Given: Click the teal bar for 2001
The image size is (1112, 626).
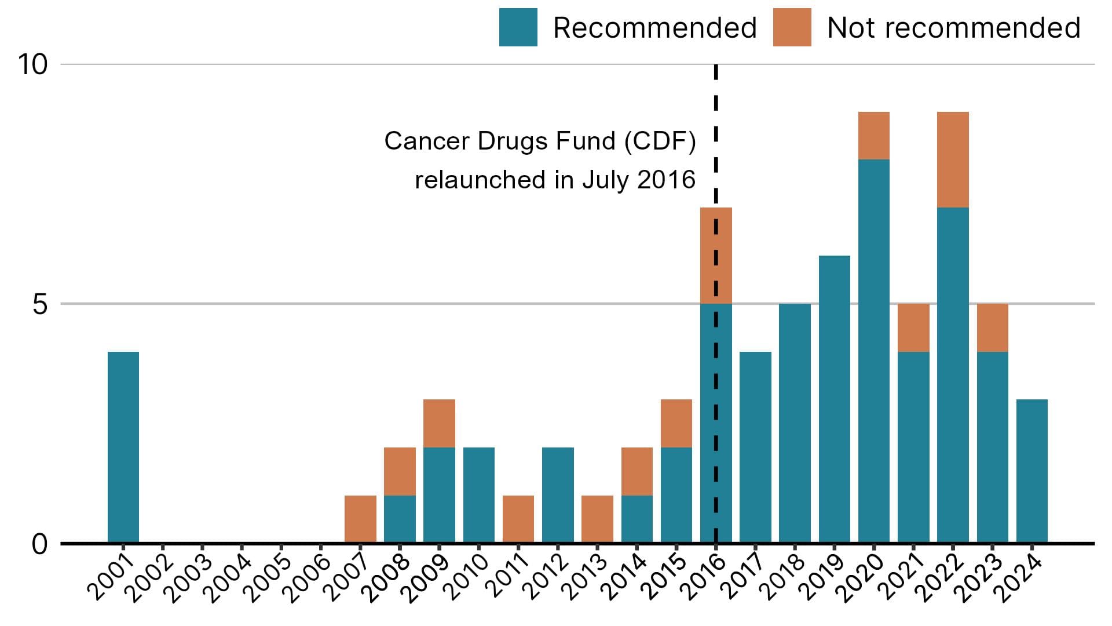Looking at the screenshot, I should point(123,447).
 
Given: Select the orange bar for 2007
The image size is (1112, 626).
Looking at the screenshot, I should point(360,519).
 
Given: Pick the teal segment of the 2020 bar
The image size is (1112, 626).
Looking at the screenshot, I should point(873,351).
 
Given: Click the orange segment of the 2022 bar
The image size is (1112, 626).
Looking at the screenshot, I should point(953,159).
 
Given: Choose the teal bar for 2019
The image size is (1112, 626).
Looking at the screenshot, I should point(834,399).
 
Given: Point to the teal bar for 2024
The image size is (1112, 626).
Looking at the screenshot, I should point(1031,471).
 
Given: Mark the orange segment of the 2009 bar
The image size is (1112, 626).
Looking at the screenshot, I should point(439,423).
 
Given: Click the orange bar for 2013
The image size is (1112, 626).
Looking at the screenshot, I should point(597,519).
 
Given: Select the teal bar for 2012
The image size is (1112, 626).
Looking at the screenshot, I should point(558,495).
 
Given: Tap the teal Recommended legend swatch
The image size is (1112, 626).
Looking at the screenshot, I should point(518,27).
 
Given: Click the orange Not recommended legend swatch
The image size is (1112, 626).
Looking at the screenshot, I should point(792,27).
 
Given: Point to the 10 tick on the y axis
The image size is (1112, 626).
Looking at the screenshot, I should point(32,64).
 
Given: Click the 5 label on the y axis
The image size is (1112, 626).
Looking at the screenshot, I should point(39,304).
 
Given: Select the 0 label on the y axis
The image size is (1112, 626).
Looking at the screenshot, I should point(39,544).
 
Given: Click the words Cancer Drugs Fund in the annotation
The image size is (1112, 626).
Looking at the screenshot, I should point(499,141).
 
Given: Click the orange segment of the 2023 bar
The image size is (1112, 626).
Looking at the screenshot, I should point(992,327).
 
